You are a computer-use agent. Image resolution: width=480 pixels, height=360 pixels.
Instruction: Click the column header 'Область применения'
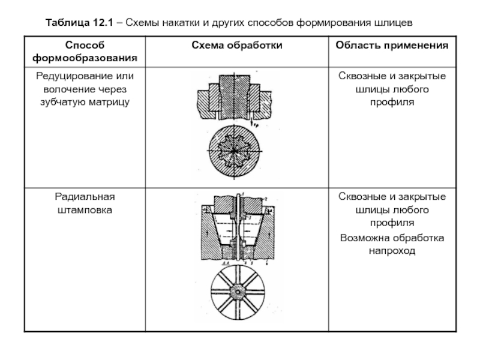392,46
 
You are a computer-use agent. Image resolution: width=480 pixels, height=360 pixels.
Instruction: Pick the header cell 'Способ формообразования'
85,52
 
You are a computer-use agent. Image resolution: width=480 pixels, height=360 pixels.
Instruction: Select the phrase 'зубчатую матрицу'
85,102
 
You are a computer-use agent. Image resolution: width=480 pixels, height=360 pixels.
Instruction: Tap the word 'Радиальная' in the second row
85,197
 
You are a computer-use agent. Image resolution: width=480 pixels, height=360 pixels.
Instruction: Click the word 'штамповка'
85,210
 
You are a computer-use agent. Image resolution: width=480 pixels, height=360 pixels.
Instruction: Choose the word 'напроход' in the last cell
392,251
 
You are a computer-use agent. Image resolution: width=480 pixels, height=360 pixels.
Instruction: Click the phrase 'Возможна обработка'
392,238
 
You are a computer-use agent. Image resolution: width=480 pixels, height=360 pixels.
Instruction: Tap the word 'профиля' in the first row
392,102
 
